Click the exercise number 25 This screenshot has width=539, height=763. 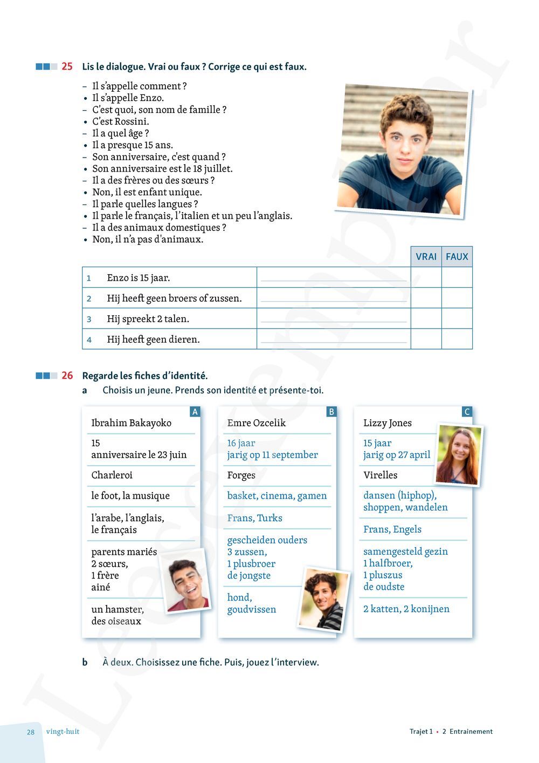click(x=67, y=66)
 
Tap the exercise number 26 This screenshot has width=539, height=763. click(x=67, y=376)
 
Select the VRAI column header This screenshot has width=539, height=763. click(x=426, y=257)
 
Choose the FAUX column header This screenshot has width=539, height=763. click(x=457, y=257)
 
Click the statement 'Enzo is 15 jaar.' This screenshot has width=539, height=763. click(x=139, y=278)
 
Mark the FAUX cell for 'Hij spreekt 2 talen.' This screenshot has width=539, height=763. click(x=457, y=318)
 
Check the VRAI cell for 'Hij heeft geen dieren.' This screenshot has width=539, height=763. click(x=426, y=339)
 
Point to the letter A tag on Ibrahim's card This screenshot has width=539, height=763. click(x=195, y=412)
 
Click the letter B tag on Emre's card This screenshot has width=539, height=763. click(x=331, y=412)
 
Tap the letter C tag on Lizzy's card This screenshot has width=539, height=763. click(x=467, y=412)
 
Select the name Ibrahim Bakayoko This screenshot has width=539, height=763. click(x=131, y=423)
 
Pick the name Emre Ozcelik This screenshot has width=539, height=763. click(x=257, y=423)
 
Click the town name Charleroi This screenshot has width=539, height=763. click(x=112, y=475)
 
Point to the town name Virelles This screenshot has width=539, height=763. click(x=381, y=475)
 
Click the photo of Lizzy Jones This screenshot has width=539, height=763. click(x=459, y=454)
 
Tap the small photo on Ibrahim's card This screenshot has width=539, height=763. click(x=185, y=581)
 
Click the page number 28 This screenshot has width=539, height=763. click(x=31, y=732)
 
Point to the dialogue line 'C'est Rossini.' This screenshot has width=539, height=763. click(x=120, y=121)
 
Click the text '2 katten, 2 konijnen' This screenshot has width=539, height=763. click(x=406, y=609)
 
